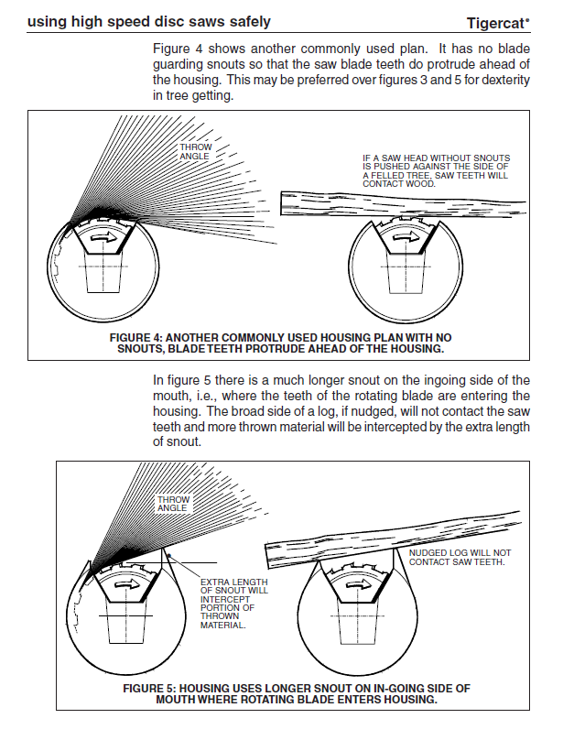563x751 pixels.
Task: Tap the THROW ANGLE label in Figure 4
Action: (x=194, y=152)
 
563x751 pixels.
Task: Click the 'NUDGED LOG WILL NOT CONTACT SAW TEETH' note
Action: (x=460, y=557)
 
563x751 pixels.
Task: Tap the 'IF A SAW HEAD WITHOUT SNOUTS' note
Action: (x=436, y=170)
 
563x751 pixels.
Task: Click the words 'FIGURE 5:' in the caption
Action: (x=151, y=688)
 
